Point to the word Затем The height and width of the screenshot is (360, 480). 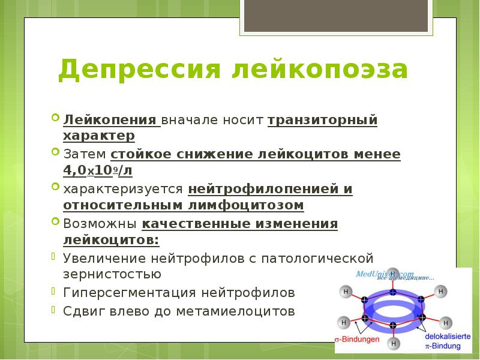pos(85,154)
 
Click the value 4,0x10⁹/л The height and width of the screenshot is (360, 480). pos(98,170)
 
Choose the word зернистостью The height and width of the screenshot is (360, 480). pos(112,275)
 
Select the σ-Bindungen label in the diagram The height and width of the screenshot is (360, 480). pos(358,340)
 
